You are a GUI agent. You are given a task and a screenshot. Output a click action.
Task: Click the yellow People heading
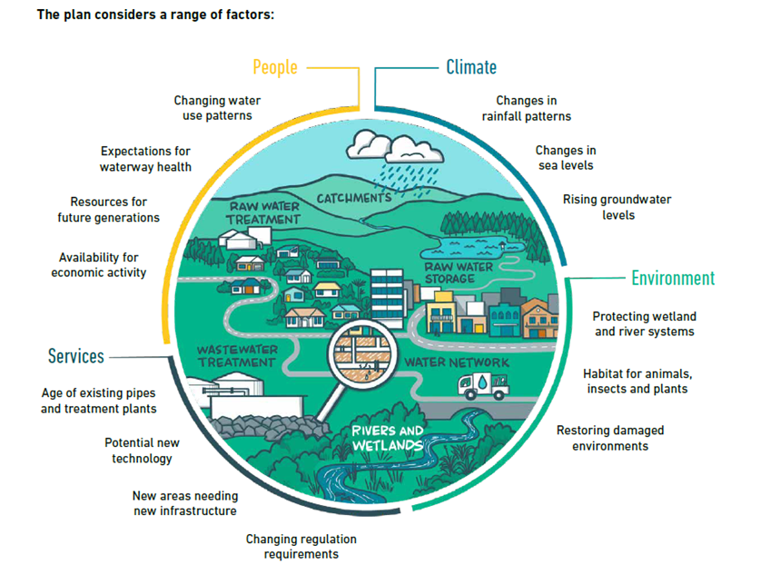pos(274,67)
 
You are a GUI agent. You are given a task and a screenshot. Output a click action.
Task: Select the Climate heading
pos(470,67)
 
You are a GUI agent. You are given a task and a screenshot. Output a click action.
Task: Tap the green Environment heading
pos(673,278)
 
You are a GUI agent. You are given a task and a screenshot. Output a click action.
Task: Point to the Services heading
pos(75,357)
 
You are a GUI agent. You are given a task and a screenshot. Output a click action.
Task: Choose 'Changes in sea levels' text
pos(565,158)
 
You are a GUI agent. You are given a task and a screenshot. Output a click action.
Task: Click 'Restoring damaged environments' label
pos(609,438)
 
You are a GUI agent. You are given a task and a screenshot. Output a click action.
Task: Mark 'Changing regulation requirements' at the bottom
pos(301,547)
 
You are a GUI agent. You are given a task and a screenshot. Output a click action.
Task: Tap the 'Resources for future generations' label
pos(108,210)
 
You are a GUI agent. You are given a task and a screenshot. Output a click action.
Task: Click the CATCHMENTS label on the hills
pos(354,197)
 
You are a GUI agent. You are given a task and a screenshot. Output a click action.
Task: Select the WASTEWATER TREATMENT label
pos(236,355)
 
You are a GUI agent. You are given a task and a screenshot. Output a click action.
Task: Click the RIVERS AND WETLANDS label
pos(387,438)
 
